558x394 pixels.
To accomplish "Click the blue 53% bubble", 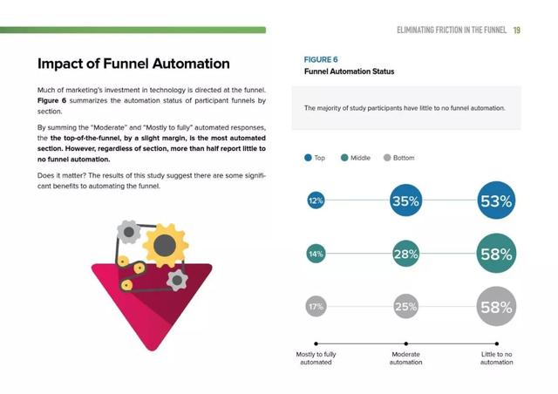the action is point(496,200).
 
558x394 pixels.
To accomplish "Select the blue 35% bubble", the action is point(405,200).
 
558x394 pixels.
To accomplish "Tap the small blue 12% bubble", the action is point(316,200).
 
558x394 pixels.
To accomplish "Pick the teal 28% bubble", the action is point(405,254).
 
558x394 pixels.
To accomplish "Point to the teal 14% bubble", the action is point(316,254).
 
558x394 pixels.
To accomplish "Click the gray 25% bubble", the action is point(405,306).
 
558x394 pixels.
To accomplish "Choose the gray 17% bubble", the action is point(316,306).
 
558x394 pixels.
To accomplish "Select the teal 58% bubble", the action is point(496,254).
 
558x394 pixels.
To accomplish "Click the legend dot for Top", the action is point(308,158).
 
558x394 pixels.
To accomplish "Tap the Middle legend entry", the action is point(356,158).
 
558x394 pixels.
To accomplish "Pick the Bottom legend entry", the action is point(399,158).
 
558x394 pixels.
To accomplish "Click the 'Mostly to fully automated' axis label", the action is point(316,358).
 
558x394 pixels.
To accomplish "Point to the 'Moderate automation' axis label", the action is point(405,358).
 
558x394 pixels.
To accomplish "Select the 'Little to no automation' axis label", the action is point(496,358).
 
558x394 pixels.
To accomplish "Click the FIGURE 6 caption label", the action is point(321,59).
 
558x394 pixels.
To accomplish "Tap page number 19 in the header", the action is point(517,31).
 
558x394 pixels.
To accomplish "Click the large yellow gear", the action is point(165,245).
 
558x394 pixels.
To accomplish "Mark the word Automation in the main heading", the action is point(191,64).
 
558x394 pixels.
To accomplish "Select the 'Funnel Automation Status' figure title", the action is point(349,71).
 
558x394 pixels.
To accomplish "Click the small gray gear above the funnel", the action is point(128,232).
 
